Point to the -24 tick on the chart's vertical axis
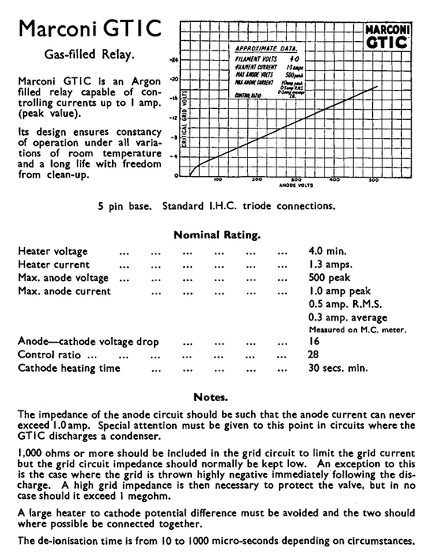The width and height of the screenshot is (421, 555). pos(175,60)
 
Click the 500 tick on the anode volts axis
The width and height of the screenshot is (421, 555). pos(373,180)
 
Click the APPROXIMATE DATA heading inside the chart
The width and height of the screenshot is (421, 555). pos(265,48)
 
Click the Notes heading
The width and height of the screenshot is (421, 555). pos(211,396)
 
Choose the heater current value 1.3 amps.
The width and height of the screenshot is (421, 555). pos(329,264)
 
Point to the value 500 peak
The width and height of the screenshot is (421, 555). pos(329,278)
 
